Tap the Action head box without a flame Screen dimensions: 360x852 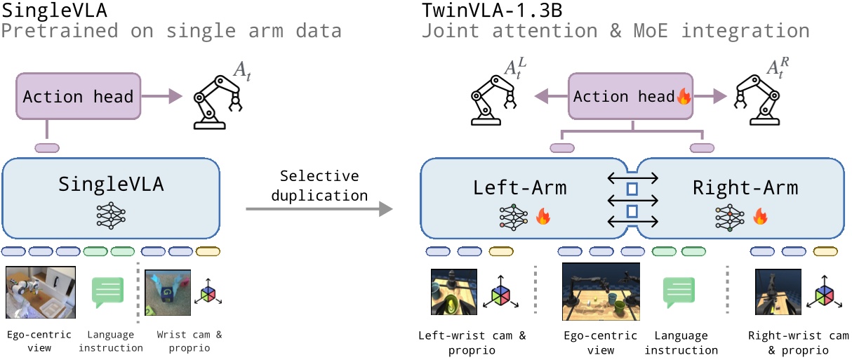coord(78,96)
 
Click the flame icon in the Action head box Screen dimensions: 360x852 coord(683,97)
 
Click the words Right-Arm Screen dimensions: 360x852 coord(745,188)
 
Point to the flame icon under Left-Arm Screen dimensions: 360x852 coord(541,218)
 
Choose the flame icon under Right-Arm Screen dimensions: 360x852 coord(759,218)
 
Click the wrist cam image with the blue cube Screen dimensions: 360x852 coord(168,291)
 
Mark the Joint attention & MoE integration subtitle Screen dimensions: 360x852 coord(615,31)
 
